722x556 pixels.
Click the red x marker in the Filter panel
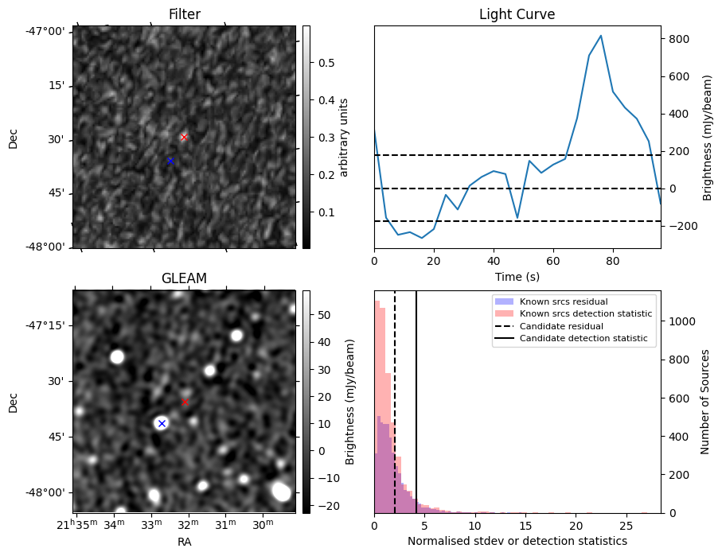(x=184, y=137)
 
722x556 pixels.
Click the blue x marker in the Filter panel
(x=170, y=161)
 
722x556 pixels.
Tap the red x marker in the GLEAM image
(x=185, y=402)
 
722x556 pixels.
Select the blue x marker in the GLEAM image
(x=162, y=423)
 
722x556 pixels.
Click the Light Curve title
(x=517, y=14)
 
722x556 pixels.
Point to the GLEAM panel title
(x=184, y=278)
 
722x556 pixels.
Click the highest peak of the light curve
(x=601, y=36)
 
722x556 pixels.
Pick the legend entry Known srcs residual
(x=563, y=301)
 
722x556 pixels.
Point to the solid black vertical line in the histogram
(x=416, y=398)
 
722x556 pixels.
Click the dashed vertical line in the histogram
(x=395, y=398)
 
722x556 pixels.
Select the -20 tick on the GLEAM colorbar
(x=326, y=506)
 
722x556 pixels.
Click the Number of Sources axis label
(x=704, y=402)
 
